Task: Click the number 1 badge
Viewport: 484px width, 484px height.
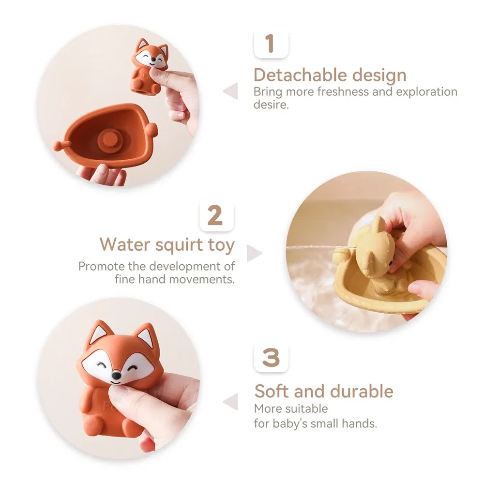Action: click(x=271, y=44)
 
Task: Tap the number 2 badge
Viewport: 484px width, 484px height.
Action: click(x=216, y=216)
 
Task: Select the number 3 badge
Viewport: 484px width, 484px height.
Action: click(x=271, y=358)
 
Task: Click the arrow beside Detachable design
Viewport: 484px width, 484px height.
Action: click(x=231, y=91)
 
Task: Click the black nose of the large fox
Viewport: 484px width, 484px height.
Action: click(x=117, y=376)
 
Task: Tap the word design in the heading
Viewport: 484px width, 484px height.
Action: click(x=379, y=76)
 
